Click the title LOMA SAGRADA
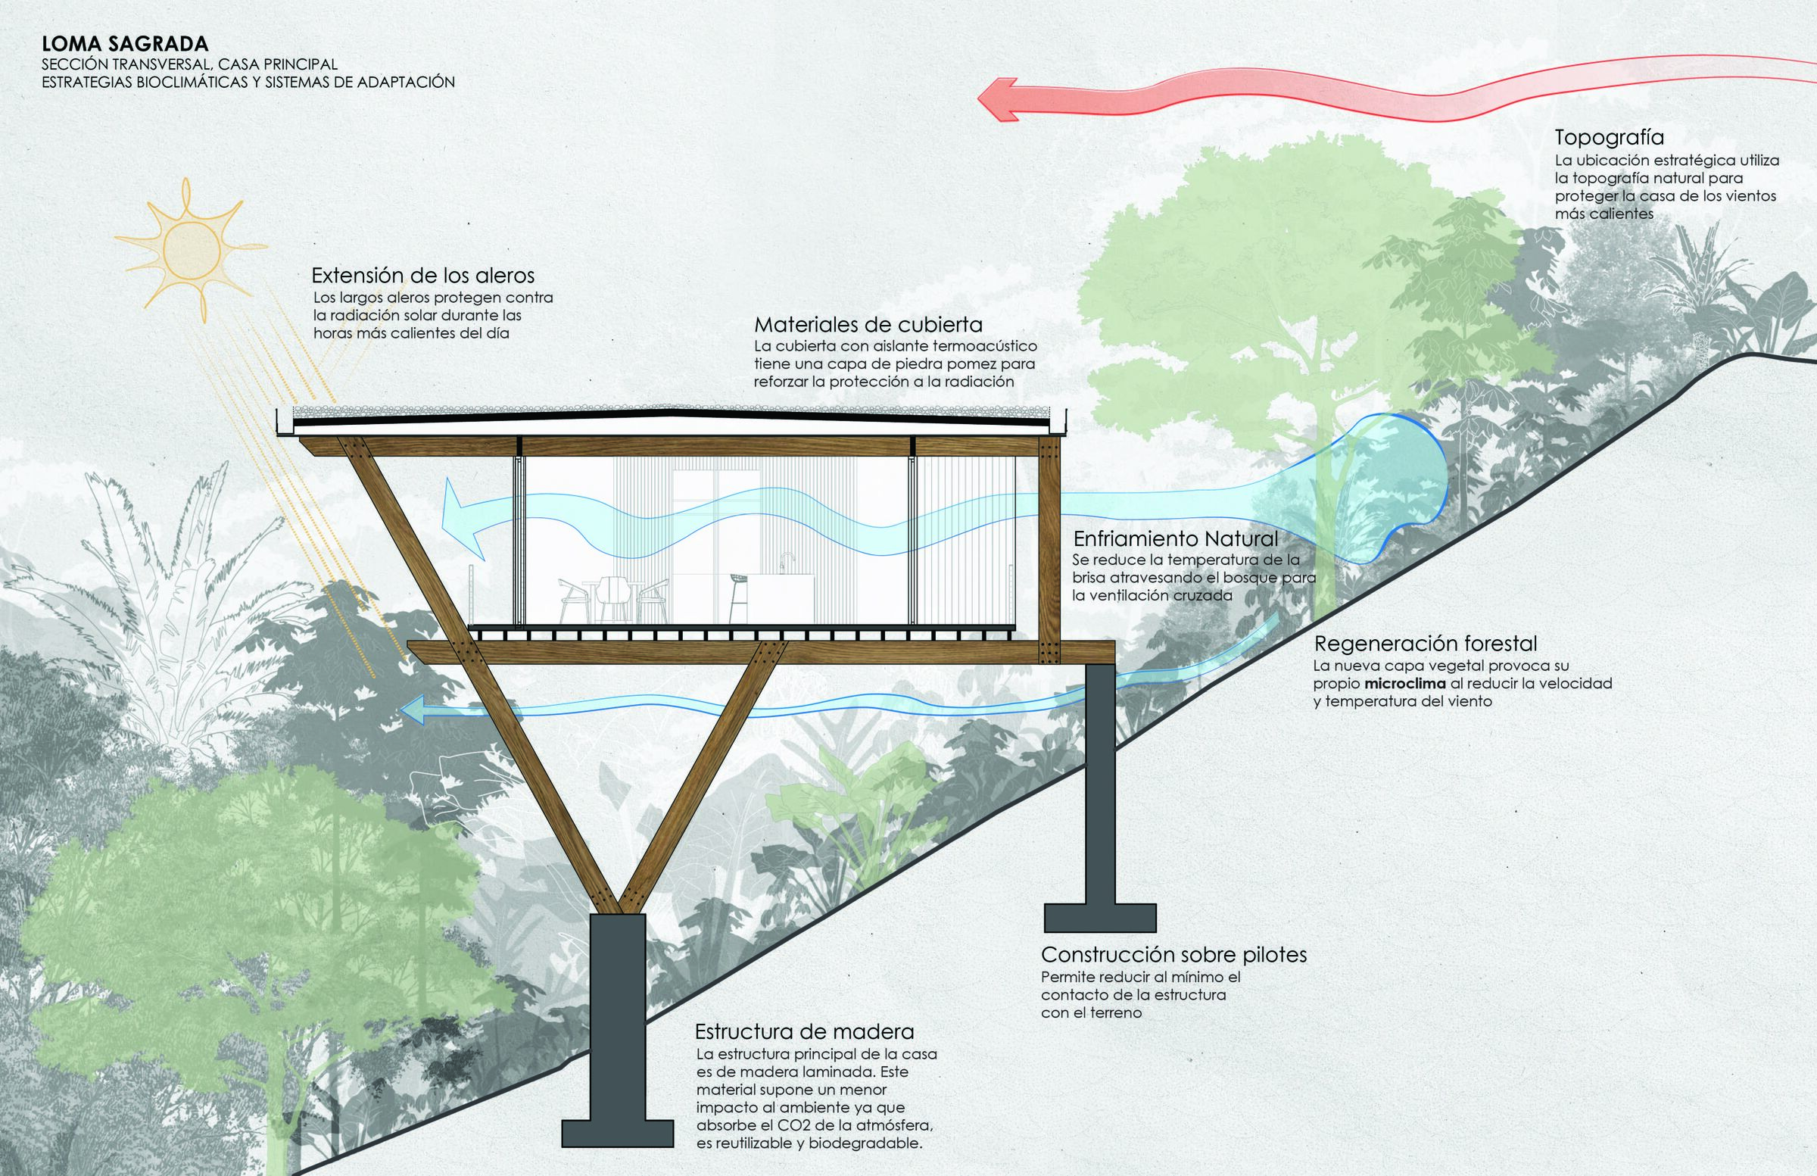125,44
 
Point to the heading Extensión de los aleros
423,276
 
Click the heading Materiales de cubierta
868,326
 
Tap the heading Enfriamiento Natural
1176,539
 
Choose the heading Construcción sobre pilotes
1174,955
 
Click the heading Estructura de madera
804,1032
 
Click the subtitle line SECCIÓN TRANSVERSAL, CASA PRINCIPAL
189,65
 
